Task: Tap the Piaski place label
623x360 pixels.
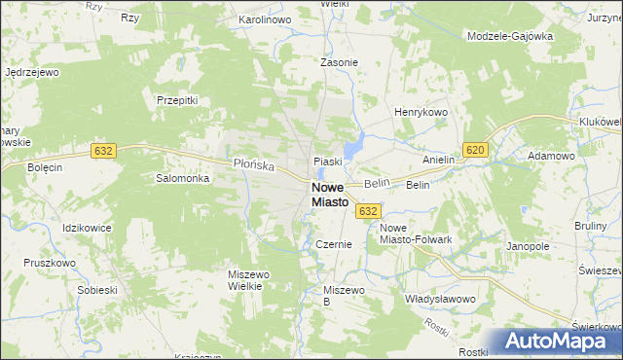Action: tap(325, 162)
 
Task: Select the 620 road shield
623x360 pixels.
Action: tap(475, 149)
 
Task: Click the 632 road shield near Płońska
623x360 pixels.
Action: tap(104, 151)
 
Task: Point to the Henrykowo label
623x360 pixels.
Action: tap(420, 113)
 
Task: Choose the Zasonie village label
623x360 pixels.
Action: tap(340, 62)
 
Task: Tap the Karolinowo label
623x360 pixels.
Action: tap(266, 19)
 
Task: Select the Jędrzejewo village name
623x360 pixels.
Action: tap(33, 72)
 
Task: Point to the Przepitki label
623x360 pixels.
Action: tap(177, 99)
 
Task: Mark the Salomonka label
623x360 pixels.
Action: tap(183, 179)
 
